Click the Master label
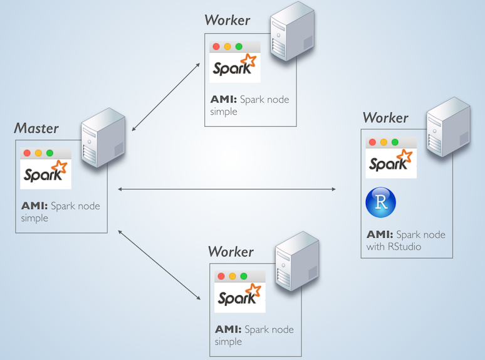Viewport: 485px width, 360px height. [x=36, y=129]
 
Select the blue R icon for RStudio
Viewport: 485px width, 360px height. [x=380, y=203]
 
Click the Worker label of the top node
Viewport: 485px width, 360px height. [x=227, y=20]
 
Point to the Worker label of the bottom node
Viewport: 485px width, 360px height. [x=231, y=251]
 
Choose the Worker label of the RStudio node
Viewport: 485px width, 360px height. [x=385, y=117]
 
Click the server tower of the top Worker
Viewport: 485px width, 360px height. [x=291, y=32]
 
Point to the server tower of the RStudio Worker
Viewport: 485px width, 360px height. [x=448, y=128]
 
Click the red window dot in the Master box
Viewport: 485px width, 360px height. [x=27, y=153]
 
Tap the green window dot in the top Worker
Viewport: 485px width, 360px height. [x=239, y=47]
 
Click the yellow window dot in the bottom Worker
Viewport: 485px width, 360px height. [x=232, y=276]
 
